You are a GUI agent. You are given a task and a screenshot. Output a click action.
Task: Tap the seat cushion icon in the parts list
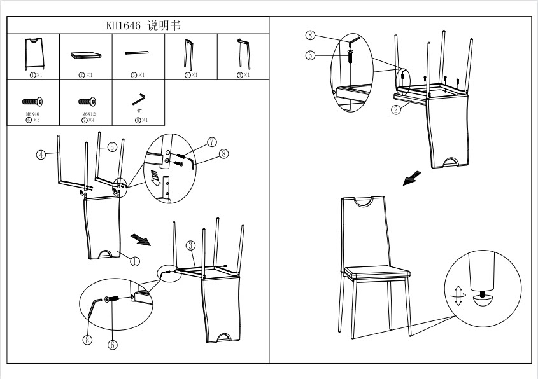click(x=85, y=55)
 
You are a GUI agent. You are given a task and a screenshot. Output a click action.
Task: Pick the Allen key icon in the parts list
click(x=139, y=100)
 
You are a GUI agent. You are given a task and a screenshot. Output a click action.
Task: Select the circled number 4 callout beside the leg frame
click(x=40, y=154)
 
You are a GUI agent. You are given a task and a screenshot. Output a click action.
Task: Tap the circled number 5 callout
click(x=111, y=147)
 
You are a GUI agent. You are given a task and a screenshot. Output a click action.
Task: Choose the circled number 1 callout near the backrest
click(x=134, y=260)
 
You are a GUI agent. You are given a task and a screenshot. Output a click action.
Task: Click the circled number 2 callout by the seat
click(x=395, y=109)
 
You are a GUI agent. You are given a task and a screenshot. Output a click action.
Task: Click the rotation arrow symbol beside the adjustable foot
click(x=457, y=296)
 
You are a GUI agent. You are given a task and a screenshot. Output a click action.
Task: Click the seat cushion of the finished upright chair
click(x=376, y=274)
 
